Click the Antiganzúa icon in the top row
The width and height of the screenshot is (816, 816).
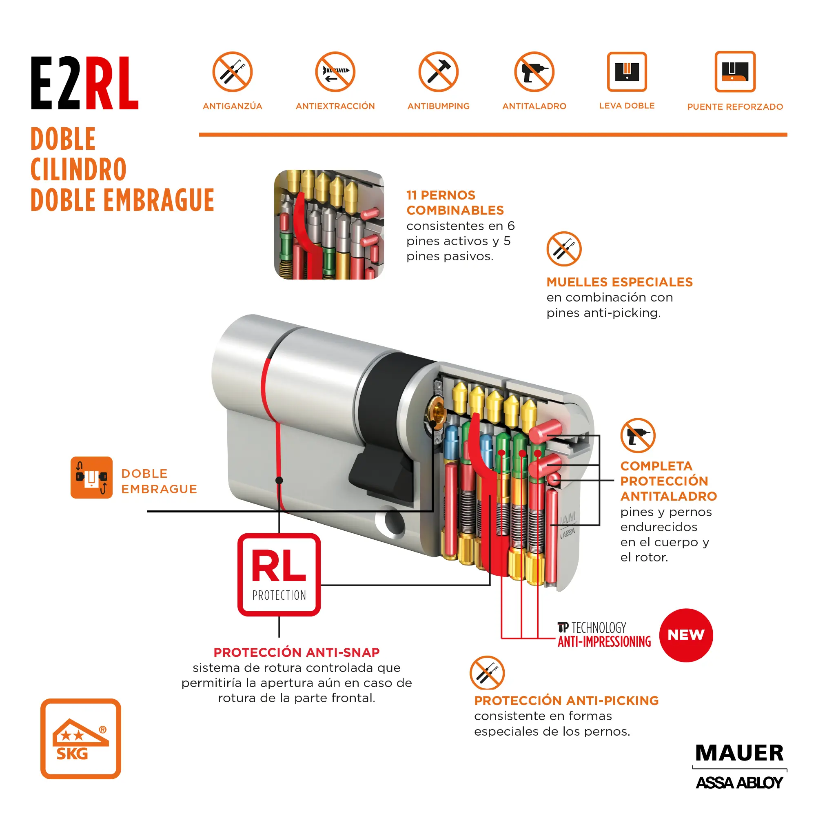tap(232, 72)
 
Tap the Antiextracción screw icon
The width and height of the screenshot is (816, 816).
tap(335, 72)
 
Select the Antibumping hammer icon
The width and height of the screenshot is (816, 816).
tap(439, 72)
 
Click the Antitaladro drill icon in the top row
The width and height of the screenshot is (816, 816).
tap(534, 72)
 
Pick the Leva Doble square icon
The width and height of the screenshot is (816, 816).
tap(627, 72)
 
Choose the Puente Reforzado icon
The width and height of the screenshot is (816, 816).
tap(735, 72)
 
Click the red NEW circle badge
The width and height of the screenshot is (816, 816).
tap(686, 635)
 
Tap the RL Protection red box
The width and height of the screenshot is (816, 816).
tap(279, 574)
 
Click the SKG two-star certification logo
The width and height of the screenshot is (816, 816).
tap(81, 739)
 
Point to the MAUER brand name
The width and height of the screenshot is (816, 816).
tap(739, 753)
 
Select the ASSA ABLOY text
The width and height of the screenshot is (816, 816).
tap(739, 783)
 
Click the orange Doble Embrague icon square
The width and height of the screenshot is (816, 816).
tap(92, 477)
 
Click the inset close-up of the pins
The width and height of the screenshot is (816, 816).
tap(329, 224)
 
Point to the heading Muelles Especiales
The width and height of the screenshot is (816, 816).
tap(619, 282)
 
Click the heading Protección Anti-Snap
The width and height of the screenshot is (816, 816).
tap(297, 652)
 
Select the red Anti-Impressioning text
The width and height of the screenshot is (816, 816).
tap(604, 641)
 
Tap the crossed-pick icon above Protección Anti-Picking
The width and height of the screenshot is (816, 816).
tap(487, 673)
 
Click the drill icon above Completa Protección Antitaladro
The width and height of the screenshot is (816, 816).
tap(638, 435)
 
